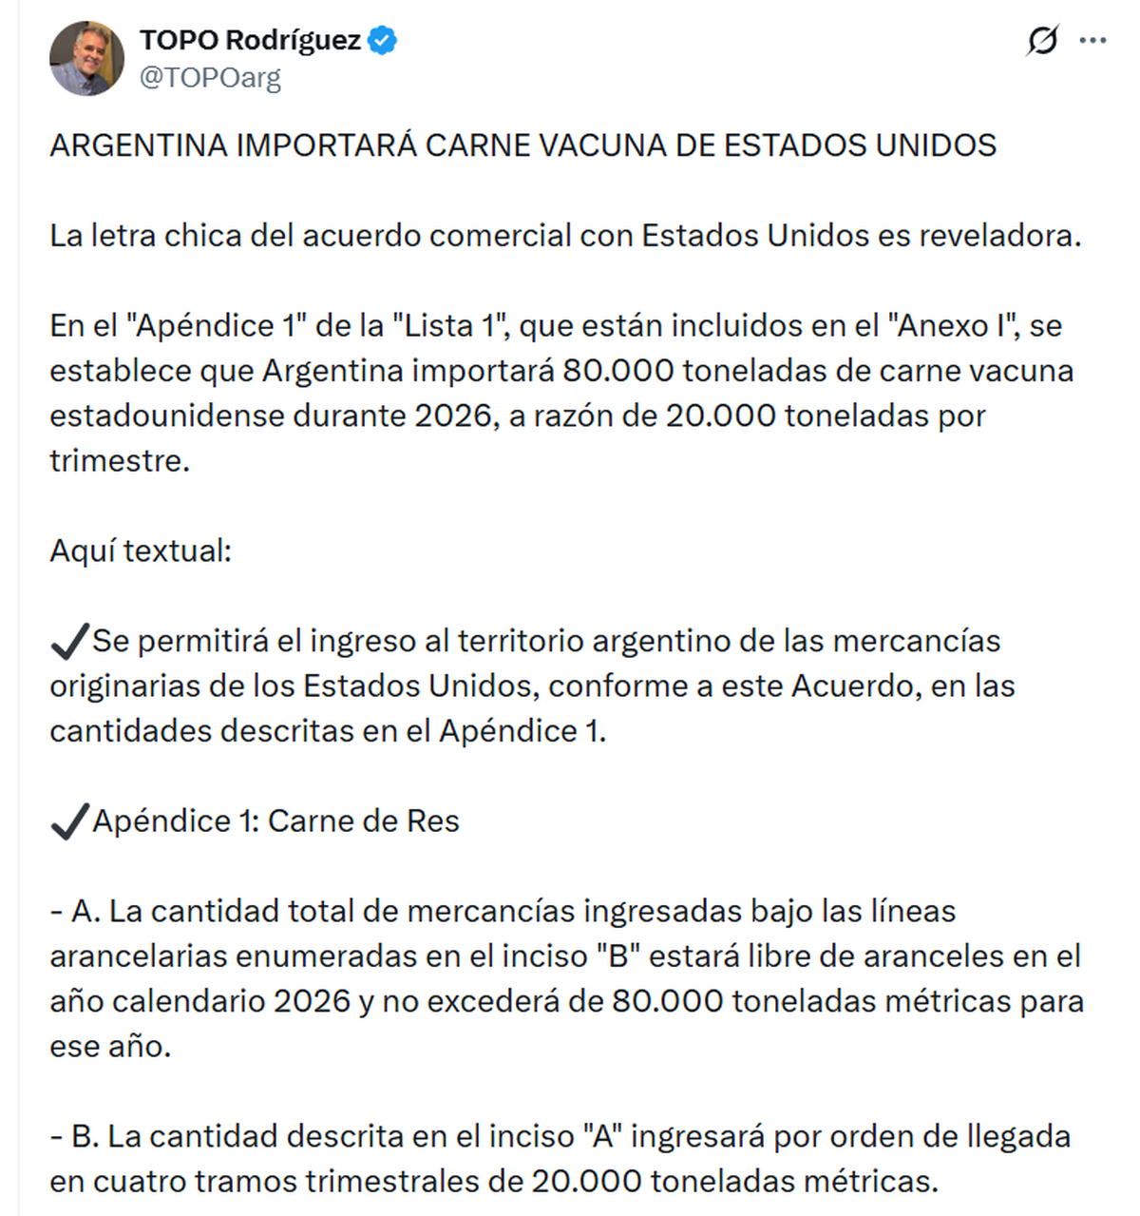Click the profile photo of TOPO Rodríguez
tap(86, 58)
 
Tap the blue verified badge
tap(383, 41)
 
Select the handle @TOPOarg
tap(210, 78)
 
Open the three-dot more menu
tap(1093, 41)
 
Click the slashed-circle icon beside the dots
tap(1042, 41)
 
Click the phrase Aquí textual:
tap(141, 550)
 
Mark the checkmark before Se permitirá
tap(69, 642)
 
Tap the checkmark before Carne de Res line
tap(69, 821)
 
